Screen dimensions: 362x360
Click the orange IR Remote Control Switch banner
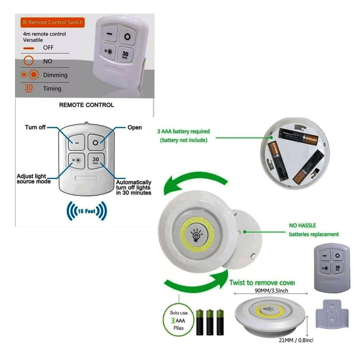coord(52,22)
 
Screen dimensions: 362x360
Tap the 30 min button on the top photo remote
coord(125,55)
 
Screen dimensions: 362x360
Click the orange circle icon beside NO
coord(28,61)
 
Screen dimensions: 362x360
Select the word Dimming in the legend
coord(55,75)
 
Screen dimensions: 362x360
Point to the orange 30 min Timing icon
coord(28,88)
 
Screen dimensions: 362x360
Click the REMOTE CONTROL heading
coord(86,105)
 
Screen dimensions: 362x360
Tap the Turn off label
coord(35,127)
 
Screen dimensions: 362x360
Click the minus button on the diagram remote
coord(77,143)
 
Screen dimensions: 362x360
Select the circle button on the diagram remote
coord(95,143)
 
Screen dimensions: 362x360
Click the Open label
coord(134,127)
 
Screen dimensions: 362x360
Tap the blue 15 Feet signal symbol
coord(86,211)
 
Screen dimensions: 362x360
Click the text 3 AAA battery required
coord(183,131)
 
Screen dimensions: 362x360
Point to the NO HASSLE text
coord(302,225)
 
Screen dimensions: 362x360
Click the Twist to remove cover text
coord(262,282)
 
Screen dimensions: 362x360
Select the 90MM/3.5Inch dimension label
coord(271,291)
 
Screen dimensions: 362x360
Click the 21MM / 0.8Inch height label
coord(296,340)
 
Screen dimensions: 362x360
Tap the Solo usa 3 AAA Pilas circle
coord(178,320)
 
